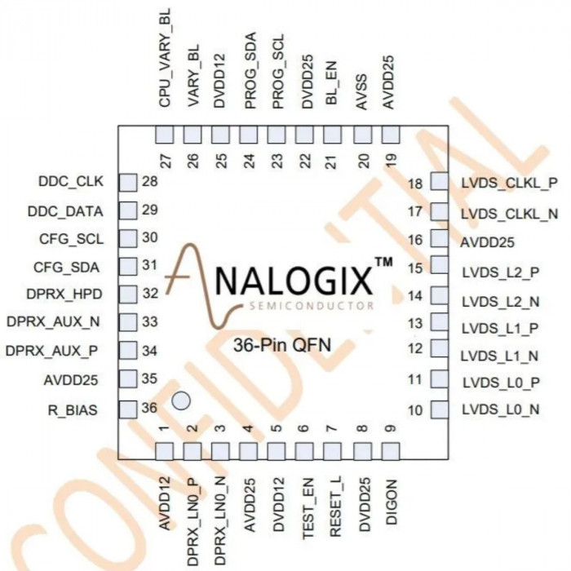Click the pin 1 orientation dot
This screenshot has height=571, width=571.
(x=181, y=401)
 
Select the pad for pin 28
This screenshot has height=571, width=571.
(x=128, y=183)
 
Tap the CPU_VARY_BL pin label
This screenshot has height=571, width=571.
(x=165, y=58)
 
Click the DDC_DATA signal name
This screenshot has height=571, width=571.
(x=65, y=211)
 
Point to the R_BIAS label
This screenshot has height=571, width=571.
(x=73, y=410)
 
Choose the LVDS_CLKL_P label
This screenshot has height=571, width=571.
(x=510, y=184)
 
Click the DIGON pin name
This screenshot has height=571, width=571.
(x=391, y=502)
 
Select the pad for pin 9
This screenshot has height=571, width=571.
(x=391, y=451)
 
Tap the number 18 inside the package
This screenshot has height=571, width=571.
(x=415, y=184)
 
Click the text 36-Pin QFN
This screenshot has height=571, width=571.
(x=282, y=345)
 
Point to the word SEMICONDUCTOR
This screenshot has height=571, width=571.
(x=312, y=306)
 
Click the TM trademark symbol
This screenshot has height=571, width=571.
(x=384, y=262)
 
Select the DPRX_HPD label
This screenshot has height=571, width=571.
(x=64, y=294)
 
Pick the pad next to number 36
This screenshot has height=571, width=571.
(x=128, y=409)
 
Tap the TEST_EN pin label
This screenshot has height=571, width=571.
(x=308, y=508)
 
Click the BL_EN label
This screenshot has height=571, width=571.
(x=332, y=82)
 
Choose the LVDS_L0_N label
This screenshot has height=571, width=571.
(x=501, y=409)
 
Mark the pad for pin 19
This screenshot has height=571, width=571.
(x=391, y=135)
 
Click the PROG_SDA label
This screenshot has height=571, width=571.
(x=251, y=71)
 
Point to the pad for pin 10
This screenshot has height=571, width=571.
(x=440, y=409)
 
